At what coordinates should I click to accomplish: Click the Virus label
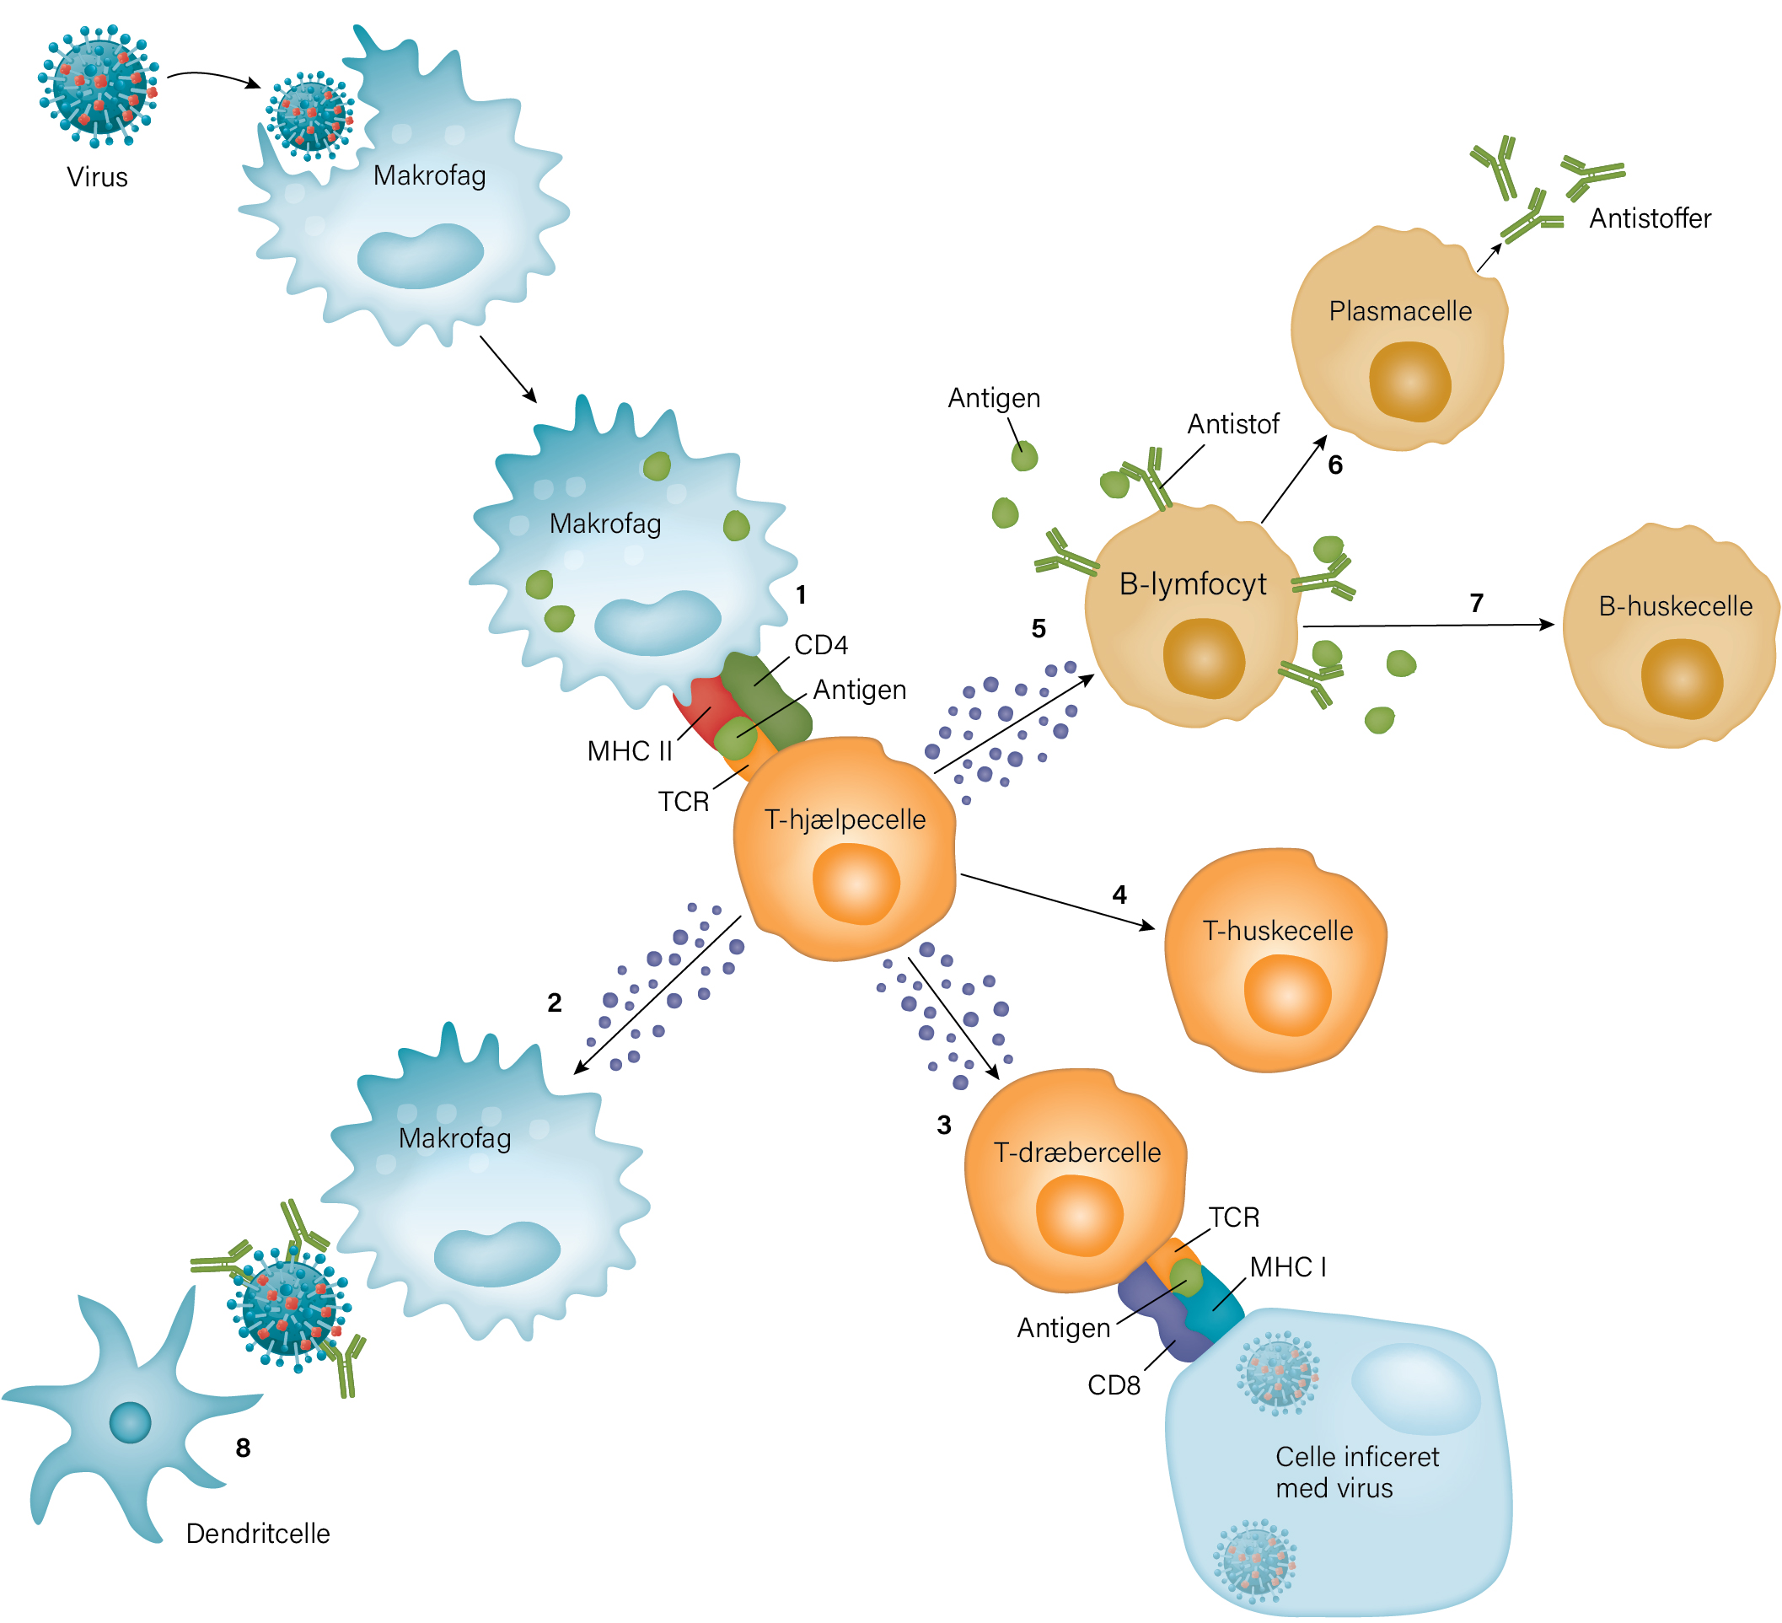point(97,177)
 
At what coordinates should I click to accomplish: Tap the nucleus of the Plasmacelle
point(1410,382)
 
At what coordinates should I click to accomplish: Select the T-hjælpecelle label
point(845,820)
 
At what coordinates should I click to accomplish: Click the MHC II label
point(630,751)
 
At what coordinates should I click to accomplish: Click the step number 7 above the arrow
point(1476,603)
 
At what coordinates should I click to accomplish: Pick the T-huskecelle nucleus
point(1287,996)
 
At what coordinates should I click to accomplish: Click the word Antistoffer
point(1650,218)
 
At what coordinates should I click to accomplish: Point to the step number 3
point(944,1126)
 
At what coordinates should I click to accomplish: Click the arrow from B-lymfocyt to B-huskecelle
point(1429,626)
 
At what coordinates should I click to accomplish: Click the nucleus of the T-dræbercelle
point(1079,1217)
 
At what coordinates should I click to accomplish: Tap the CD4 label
point(821,645)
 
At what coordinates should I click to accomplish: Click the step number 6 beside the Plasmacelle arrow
point(1335,465)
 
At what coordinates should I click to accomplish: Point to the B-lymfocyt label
point(1193,584)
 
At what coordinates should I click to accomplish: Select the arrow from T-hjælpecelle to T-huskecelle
point(1058,901)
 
